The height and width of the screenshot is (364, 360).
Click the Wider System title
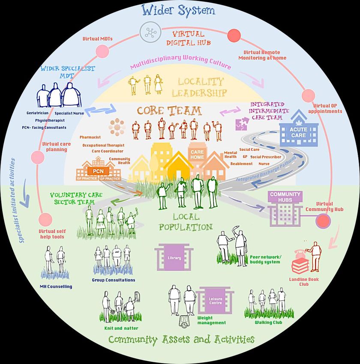pyautogui.click(x=178, y=10)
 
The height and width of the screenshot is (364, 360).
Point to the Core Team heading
pyautogui.click(x=169, y=110)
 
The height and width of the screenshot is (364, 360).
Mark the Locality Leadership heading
pyautogui.click(x=201, y=87)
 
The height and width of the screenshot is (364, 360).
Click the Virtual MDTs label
pyautogui.click(x=97, y=39)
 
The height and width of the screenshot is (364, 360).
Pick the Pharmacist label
pyautogui.click(x=90, y=137)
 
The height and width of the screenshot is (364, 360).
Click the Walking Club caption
pyautogui.click(x=268, y=322)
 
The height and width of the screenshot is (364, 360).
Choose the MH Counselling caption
pyautogui.click(x=56, y=286)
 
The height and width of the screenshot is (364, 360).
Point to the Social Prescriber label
pyautogui.click(x=265, y=157)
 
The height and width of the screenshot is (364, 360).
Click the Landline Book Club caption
pyautogui.click(x=304, y=281)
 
